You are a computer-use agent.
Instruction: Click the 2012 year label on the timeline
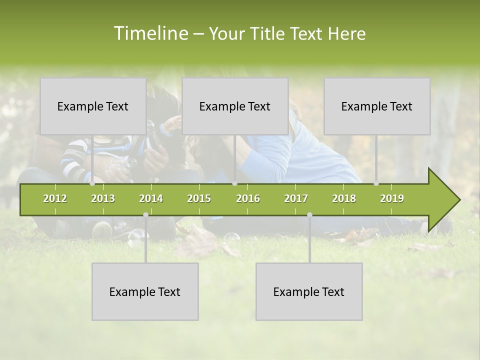[x=55, y=198]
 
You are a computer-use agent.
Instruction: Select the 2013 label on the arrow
[x=103, y=198]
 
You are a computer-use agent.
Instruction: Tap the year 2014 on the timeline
[x=151, y=198]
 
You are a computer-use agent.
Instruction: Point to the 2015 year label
[x=199, y=198]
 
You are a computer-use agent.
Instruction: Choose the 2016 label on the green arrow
[x=248, y=198]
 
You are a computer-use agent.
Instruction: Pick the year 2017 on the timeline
[x=296, y=198]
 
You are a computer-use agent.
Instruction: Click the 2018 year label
[x=344, y=198]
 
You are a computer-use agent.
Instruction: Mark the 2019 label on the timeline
[x=392, y=198]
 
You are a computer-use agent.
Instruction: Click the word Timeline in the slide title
[x=150, y=33]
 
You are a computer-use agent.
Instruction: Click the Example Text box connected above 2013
[x=93, y=106]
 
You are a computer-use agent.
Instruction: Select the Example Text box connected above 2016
[x=235, y=106]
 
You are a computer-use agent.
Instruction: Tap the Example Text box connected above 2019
[x=377, y=106]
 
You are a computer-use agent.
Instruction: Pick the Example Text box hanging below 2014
[x=145, y=291]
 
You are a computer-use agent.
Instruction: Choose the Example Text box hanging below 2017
[x=309, y=291]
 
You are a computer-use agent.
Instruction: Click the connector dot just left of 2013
[x=92, y=183]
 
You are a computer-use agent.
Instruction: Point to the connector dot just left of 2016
[x=234, y=183]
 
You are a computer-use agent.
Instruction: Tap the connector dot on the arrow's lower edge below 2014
[x=145, y=215]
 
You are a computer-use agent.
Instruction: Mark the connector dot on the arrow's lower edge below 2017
[x=309, y=215]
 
